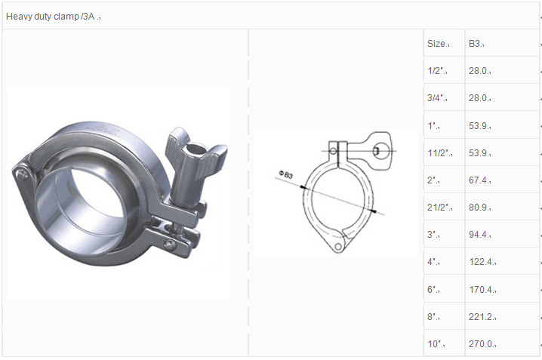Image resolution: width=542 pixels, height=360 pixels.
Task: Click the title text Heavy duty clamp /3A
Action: click(50, 17)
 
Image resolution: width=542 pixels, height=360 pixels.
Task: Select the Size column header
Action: click(436, 44)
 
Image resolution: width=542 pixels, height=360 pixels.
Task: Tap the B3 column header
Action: click(474, 44)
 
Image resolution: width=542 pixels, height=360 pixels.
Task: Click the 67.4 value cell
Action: click(478, 180)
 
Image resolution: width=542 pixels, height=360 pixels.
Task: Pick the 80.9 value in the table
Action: click(478, 208)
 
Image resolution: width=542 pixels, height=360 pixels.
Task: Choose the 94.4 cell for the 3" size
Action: click(478, 235)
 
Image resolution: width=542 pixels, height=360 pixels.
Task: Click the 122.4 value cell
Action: click(481, 262)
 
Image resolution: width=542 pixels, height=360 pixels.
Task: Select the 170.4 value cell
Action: click(481, 290)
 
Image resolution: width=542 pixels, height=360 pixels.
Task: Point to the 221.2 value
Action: click(481, 317)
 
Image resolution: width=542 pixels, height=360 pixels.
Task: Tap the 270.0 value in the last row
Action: click(481, 344)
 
